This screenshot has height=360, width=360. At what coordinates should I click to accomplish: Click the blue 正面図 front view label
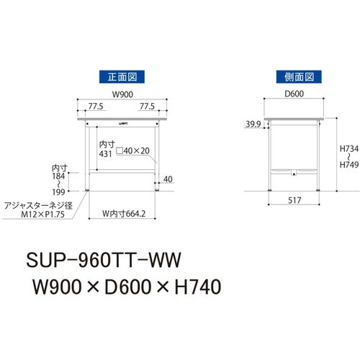(122, 77)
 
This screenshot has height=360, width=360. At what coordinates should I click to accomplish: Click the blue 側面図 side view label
(299, 77)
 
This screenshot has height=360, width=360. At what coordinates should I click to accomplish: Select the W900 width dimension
(122, 94)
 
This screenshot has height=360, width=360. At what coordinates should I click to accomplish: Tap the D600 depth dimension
(294, 94)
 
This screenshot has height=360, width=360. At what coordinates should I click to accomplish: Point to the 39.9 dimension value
(253, 124)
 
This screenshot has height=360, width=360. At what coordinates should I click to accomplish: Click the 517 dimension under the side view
(294, 200)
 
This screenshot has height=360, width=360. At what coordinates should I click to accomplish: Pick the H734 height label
(349, 149)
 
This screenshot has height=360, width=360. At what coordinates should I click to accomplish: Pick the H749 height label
(349, 165)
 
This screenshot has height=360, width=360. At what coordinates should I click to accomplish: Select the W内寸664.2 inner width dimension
(124, 214)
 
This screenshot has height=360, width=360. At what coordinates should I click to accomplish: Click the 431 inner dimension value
(106, 154)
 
